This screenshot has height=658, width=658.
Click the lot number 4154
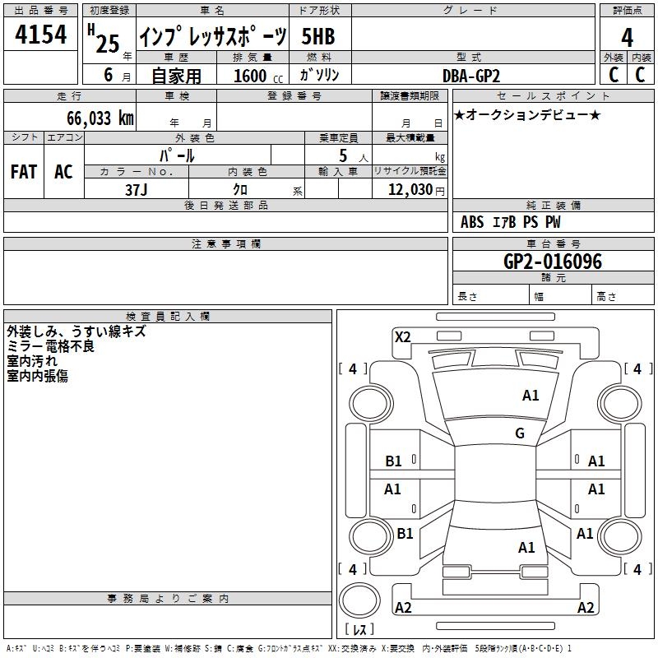(40, 35)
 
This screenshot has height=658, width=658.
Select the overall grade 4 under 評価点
(627, 38)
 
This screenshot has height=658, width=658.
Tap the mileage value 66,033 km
(100, 118)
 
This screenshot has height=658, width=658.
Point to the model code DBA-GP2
(471, 76)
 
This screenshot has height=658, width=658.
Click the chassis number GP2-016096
(552, 262)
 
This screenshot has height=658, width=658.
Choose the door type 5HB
(318, 36)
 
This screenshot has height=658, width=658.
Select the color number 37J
(136, 190)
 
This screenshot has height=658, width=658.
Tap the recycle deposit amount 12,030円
(416, 190)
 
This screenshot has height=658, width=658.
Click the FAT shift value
(24, 172)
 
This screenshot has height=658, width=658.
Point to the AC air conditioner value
(63, 172)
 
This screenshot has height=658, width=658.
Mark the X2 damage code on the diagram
(402, 337)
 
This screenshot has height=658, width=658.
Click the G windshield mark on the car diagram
(520, 433)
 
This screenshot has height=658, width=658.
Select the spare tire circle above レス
(359, 600)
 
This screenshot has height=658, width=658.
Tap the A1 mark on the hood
(531, 396)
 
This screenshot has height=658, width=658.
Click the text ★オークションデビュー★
(527, 114)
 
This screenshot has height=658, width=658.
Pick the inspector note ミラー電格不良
(50, 346)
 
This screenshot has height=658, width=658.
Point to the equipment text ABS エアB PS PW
(510, 222)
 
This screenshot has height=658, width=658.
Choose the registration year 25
(108, 44)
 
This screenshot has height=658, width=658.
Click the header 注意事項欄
(226, 243)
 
